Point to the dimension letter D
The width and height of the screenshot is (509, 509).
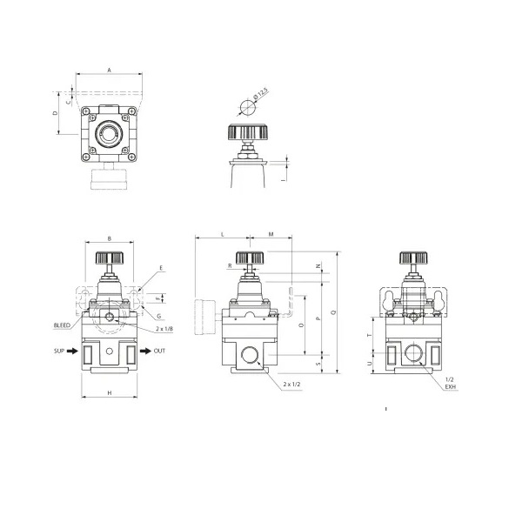(55, 113)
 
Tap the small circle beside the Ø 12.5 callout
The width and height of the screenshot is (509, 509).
(246, 108)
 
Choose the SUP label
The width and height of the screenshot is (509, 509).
(59, 351)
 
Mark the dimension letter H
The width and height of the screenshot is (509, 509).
(109, 393)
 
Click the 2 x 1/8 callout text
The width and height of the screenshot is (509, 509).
(162, 330)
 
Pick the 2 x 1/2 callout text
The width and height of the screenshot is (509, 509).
(291, 382)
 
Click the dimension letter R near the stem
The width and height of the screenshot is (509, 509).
(229, 265)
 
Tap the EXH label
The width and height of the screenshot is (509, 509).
(450, 387)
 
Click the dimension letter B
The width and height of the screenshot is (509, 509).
(109, 238)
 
